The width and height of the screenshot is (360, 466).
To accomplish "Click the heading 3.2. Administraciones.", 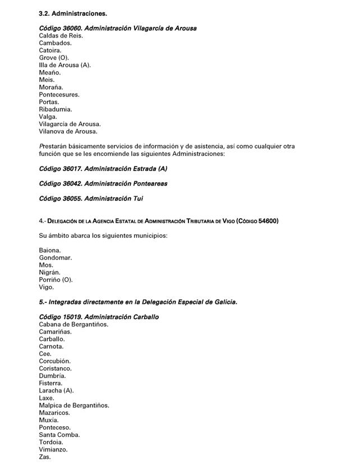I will [73, 13].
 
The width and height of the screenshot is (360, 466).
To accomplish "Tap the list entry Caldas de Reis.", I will [61, 36].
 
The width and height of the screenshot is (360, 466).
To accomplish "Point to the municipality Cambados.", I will [56, 43].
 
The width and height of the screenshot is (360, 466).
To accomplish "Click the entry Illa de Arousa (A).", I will [65, 65].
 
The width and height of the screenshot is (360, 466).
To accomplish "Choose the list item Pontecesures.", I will [59, 95].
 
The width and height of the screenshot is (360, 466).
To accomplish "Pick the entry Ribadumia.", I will [56, 109].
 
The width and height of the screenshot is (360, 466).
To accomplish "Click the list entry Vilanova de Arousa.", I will [68, 131].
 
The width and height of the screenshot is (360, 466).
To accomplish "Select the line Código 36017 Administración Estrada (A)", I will [103, 168].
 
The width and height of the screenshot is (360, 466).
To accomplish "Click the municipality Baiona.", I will [50, 250].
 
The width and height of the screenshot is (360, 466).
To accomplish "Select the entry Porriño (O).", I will [56, 280].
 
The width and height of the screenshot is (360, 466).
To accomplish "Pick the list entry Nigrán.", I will [50, 273].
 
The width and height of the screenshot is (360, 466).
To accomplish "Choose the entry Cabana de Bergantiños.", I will [73, 324].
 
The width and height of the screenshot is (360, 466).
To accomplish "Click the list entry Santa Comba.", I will [59, 435].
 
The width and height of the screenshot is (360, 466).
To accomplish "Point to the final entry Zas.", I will [45, 456].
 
